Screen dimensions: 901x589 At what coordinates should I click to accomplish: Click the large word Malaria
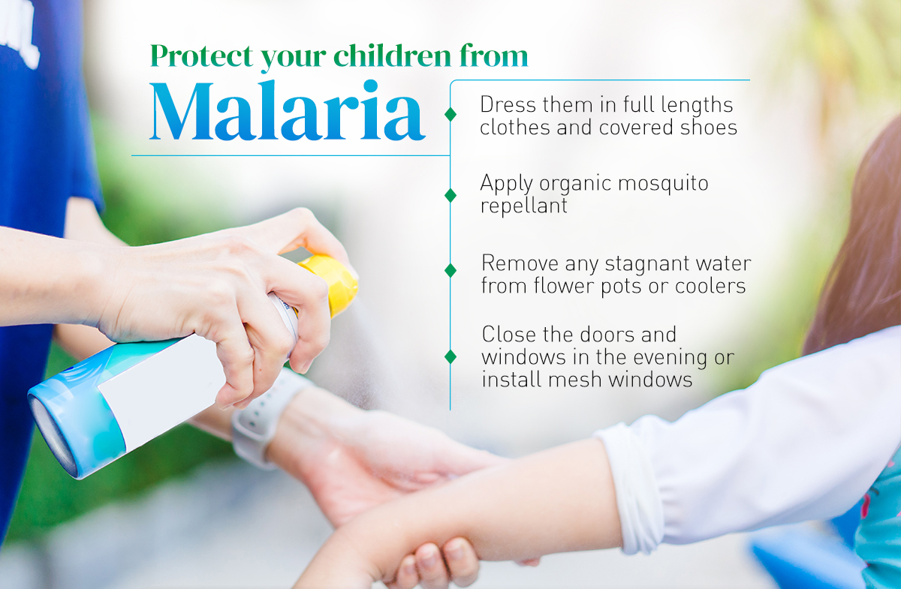coord(287,110)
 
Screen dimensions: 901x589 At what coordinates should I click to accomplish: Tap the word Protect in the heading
coord(202,56)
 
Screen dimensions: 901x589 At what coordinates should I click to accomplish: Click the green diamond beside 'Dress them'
coord(450,114)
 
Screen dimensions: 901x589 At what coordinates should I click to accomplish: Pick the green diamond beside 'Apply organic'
coord(450,195)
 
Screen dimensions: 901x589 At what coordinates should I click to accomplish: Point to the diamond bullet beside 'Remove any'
coord(450,271)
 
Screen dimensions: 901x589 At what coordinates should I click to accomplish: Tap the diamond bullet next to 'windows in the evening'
coord(450,357)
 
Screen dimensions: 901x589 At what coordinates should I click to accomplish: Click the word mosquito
coord(663,184)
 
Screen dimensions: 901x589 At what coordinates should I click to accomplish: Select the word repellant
coord(524,206)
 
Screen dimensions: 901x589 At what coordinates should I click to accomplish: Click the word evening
coord(662,358)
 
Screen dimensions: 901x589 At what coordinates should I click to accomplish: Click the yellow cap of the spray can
coord(332,284)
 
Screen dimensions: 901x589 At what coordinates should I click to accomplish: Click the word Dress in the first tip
coord(508,105)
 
